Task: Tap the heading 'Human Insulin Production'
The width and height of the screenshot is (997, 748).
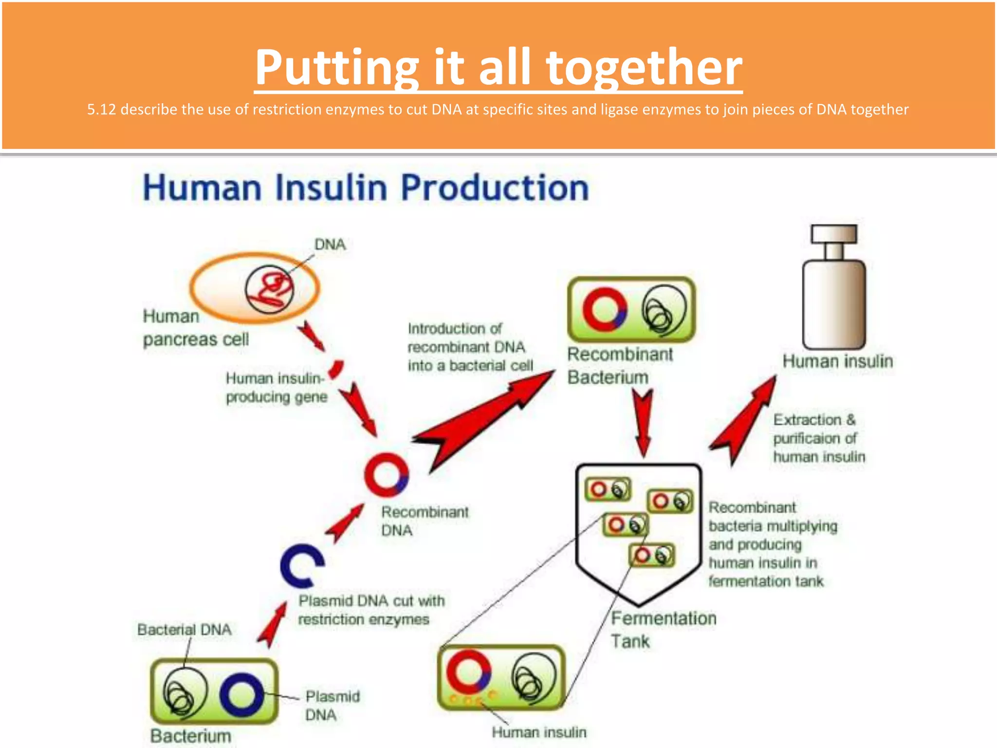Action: (x=366, y=188)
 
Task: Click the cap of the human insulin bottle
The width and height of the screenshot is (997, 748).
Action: (x=833, y=234)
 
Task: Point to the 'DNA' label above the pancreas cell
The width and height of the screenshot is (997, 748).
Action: (x=330, y=244)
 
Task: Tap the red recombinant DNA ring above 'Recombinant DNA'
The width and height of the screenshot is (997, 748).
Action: (x=386, y=475)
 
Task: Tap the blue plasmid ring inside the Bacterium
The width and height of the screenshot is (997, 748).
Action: (x=241, y=694)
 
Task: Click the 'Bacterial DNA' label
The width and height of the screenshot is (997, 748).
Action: (x=184, y=630)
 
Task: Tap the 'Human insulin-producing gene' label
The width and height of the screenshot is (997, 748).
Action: (x=276, y=388)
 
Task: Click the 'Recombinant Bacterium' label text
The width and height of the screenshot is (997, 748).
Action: (x=619, y=365)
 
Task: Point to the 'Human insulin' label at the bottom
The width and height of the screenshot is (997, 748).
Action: (x=538, y=732)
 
